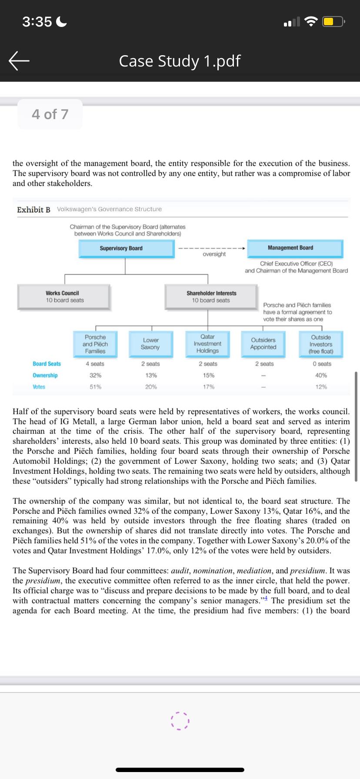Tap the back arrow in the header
[x=19, y=61]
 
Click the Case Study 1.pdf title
[x=180, y=61]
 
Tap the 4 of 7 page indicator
[x=50, y=114]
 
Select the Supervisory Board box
[x=126, y=249]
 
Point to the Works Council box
[x=64, y=297]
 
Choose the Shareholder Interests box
[x=211, y=297]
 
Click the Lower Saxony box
[x=150, y=344]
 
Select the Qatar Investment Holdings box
[x=207, y=344]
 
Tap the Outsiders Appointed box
[x=263, y=344]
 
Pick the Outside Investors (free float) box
[x=321, y=344]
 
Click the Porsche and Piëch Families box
[x=95, y=344]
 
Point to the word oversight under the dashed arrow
[x=214, y=254]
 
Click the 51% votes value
[x=96, y=387]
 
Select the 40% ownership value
[x=321, y=375]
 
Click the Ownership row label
[x=45, y=375]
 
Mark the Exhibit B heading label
[x=33, y=210]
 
